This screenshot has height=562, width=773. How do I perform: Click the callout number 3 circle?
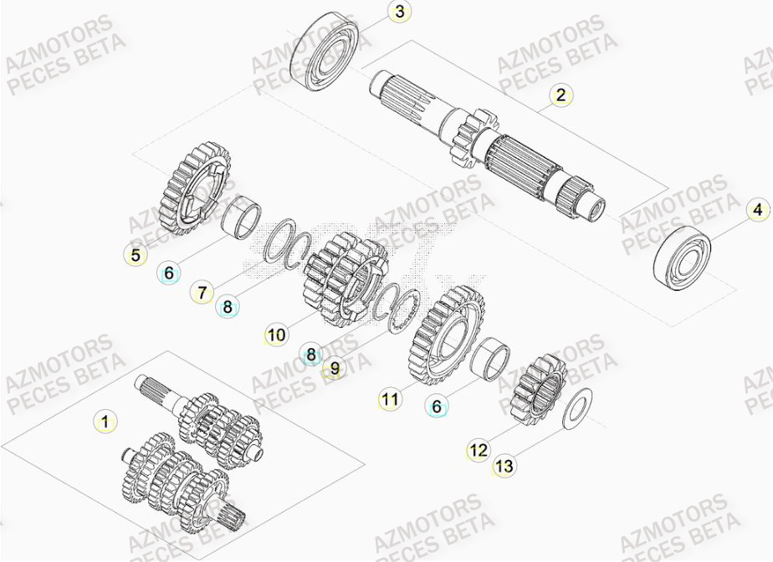[x=400, y=12]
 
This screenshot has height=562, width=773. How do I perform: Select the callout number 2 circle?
[x=562, y=95]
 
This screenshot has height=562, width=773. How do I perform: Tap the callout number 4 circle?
[x=757, y=208]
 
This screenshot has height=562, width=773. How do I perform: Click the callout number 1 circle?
[x=105, y=421]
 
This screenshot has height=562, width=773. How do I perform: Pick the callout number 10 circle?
[x=277, y=336]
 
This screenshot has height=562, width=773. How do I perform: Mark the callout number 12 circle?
[x=477, y=451]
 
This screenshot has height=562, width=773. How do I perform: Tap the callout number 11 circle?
[x=389, y=400]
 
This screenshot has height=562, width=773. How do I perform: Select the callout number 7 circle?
[x=202, y=293]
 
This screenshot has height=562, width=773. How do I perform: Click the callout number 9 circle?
[x=335, y=366]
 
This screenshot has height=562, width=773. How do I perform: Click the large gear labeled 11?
[x=448, y=335]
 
